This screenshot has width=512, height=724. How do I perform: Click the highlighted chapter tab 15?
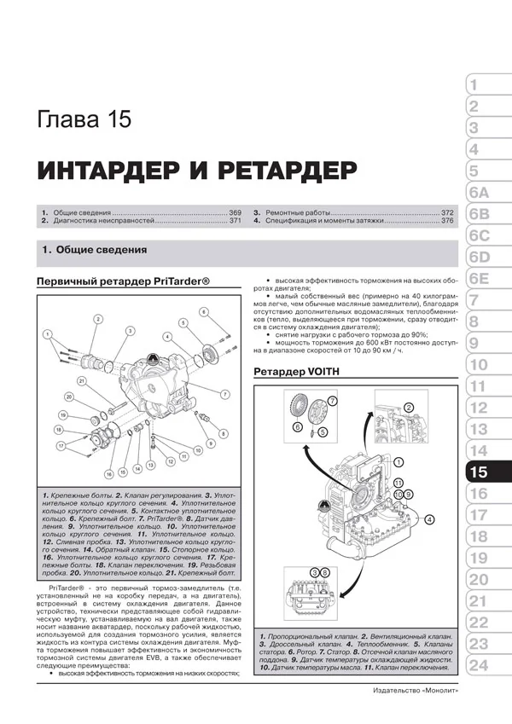point(480,471)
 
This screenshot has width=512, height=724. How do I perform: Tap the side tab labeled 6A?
point(479,192)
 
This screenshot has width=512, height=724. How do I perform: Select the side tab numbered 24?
point(479,665)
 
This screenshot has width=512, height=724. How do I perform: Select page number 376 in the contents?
point(447,220)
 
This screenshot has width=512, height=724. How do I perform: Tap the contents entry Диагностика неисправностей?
point(103,220)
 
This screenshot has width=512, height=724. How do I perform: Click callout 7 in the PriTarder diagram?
point(224,394)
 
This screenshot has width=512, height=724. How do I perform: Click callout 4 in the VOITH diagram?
point(429,519)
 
